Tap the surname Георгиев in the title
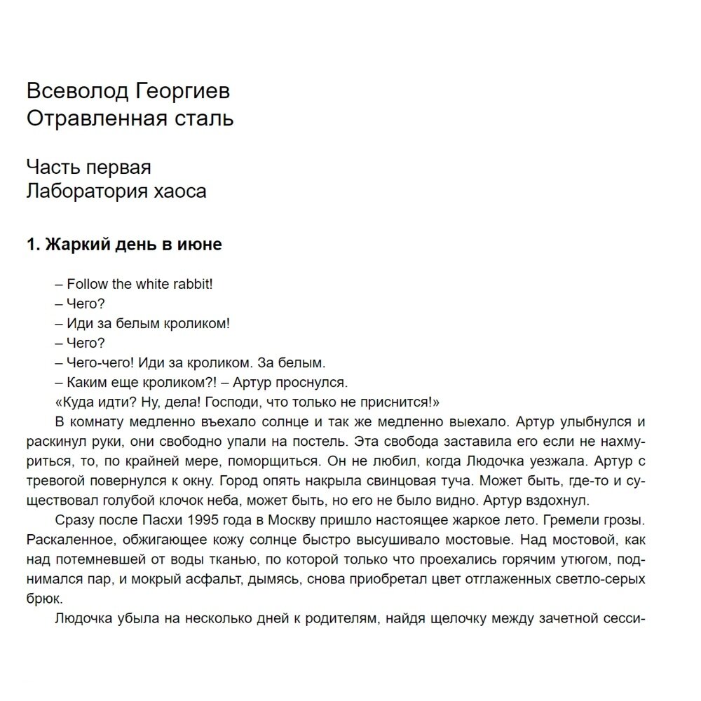pyautogui.click(x=178, y=91)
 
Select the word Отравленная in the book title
pyautogui.click(x=95, y=118)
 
